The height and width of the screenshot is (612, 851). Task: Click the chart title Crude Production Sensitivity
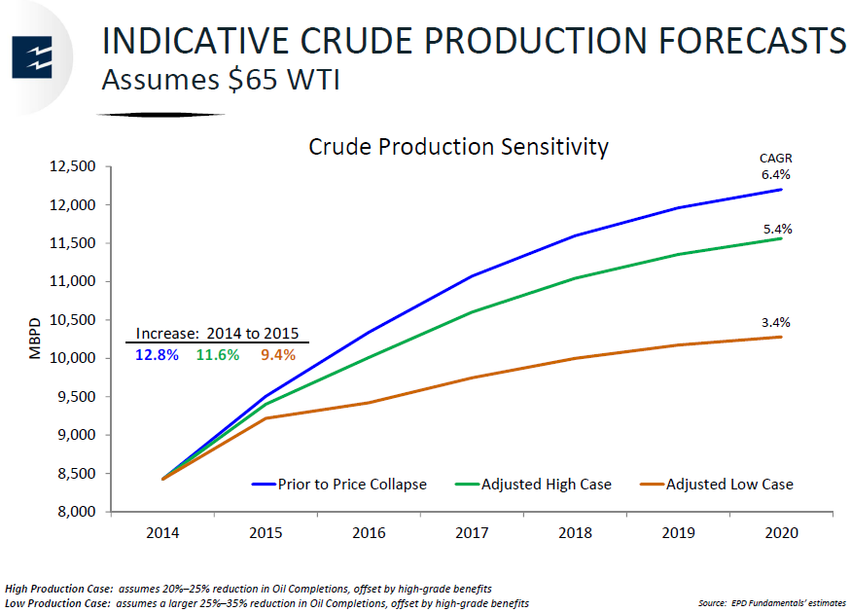tap(458, 147)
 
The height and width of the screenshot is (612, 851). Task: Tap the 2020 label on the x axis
tap(781, 533)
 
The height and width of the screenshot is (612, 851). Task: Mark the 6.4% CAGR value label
tap(775, 175)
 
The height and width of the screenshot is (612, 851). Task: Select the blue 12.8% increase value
tap(158, 355)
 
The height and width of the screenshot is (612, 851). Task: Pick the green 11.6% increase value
tap(218, 355)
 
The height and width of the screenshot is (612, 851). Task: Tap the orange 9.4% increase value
tap(277, 355)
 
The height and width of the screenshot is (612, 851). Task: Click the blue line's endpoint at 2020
tap(781, 189)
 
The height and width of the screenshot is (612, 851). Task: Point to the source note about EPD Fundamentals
tap(771, 603)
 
